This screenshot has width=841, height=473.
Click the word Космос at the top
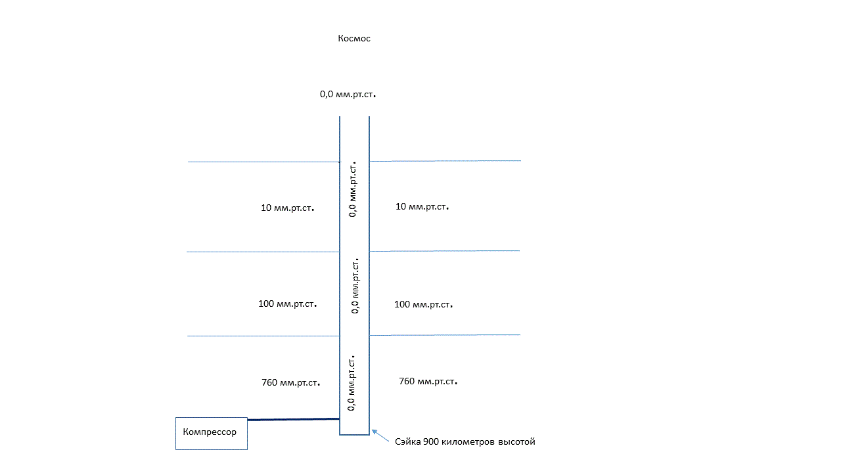354,39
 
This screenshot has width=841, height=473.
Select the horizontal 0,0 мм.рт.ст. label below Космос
348,95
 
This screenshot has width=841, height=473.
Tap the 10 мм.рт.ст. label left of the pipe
288,208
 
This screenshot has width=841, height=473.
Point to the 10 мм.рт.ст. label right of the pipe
422,207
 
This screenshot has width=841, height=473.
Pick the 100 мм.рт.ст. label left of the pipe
288,304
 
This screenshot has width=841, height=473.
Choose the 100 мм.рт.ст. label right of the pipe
423,305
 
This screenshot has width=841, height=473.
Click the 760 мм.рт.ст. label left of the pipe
290,382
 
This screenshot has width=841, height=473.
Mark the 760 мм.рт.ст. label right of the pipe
428,382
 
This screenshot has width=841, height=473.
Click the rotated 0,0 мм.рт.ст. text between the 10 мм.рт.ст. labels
353,188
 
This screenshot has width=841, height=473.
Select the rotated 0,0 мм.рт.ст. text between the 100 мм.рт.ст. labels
355,285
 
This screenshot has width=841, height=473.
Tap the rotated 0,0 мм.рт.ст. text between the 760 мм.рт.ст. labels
352,382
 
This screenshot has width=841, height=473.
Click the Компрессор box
211,433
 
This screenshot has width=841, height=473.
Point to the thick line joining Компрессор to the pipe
293,419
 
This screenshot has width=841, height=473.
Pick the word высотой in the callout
517,442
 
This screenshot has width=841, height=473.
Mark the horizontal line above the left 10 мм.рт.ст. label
263,162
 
